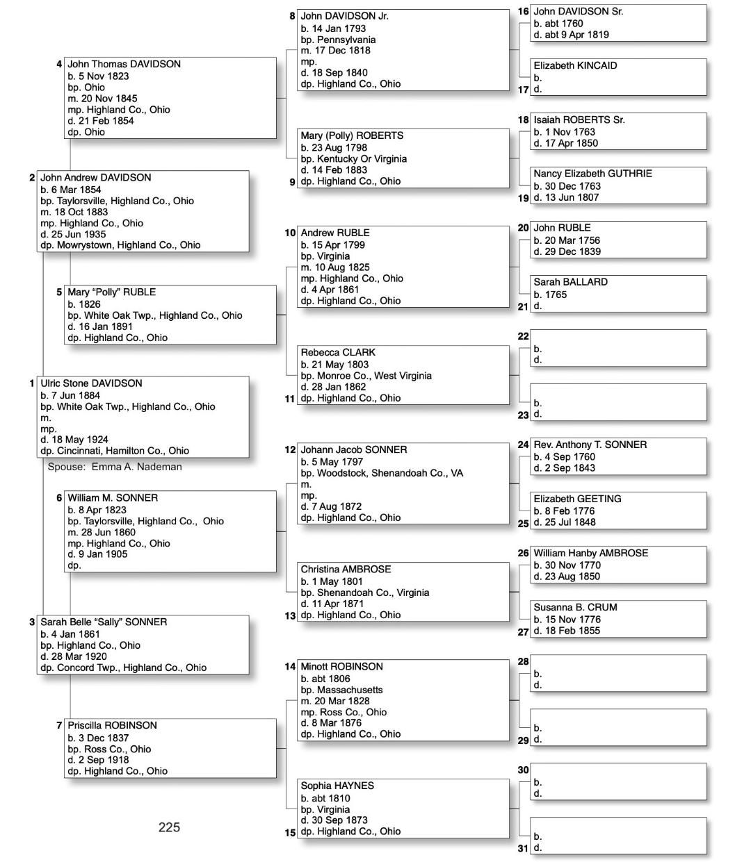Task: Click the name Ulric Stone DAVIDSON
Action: click(91, 383)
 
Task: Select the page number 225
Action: click(169, 827)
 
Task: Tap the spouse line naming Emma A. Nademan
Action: click(115, 467)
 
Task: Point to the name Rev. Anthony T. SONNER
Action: click(590, 445)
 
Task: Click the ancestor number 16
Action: click(523, 12)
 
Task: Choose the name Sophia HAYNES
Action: click(337, 786)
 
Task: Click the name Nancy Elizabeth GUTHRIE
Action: click(592, 174)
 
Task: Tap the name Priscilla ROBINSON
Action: click(112, 725)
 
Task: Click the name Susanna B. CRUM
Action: click(575, 607)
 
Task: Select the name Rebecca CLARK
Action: click(338, 352)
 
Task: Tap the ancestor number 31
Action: click(523, 848)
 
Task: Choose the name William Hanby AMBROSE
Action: click(590, 553)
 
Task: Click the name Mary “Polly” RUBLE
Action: click(111, 292)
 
